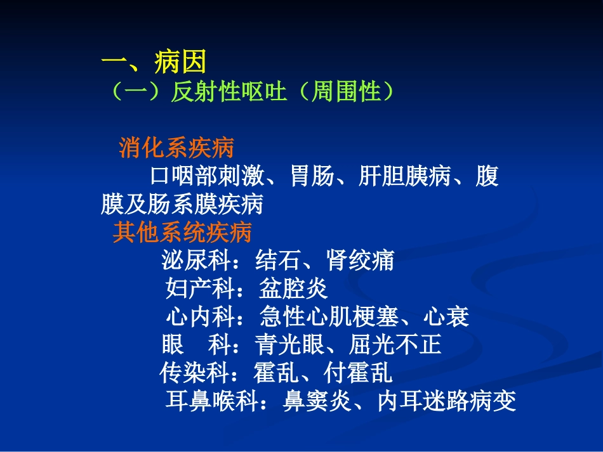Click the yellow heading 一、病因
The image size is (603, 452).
[x=154, y=63]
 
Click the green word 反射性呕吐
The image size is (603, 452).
[x=230, y=93]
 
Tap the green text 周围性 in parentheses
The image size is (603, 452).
[x=348, y=93]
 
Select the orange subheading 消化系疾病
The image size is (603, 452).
[x=176, y=148]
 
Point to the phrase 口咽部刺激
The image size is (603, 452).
[x=208, y=176]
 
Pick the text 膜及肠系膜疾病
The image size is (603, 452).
[x=182, y=204]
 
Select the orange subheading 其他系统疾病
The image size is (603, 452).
[x=182, y=233]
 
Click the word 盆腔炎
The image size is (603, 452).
[x=293, y=289]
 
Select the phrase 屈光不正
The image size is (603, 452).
[x=394, y=345]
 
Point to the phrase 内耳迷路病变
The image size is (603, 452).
[x=446, y=401]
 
